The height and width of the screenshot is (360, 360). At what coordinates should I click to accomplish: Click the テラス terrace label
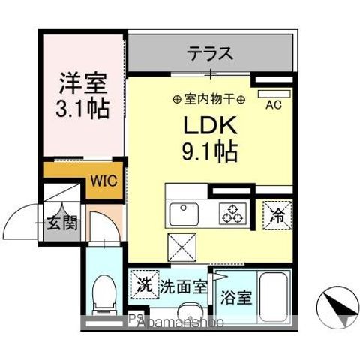(x=210, y=55)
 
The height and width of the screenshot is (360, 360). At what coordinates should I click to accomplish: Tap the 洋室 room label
(x=82, y=80)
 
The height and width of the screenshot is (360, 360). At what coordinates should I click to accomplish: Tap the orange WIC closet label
(x=103, y=181)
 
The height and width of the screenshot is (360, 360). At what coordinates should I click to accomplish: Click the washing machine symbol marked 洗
(x=144, y=285)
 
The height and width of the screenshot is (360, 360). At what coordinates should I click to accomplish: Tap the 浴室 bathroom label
(x=237, y=296)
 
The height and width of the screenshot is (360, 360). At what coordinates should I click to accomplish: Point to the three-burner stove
(x=231, y=214)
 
